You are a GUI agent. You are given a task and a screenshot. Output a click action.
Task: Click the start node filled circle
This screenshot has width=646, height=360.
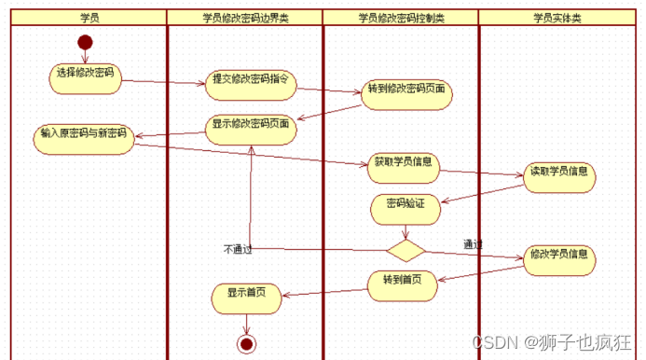point(85,42)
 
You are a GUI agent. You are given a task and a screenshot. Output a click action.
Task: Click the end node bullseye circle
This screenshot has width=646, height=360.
point(246,344)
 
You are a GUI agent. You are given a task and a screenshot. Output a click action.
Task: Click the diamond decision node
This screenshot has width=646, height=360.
point(405,249)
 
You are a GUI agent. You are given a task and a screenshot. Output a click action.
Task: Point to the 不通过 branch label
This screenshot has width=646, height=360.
point(238,250)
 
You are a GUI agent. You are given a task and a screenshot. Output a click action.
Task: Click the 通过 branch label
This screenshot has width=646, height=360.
point(473,244)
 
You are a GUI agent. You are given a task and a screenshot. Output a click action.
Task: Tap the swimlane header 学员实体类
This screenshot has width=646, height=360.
point(557,18)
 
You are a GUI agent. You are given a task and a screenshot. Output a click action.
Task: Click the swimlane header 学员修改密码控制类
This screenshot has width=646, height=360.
point(401,18)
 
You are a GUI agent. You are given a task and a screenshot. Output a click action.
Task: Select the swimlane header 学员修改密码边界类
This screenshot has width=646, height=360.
point(245,18)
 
